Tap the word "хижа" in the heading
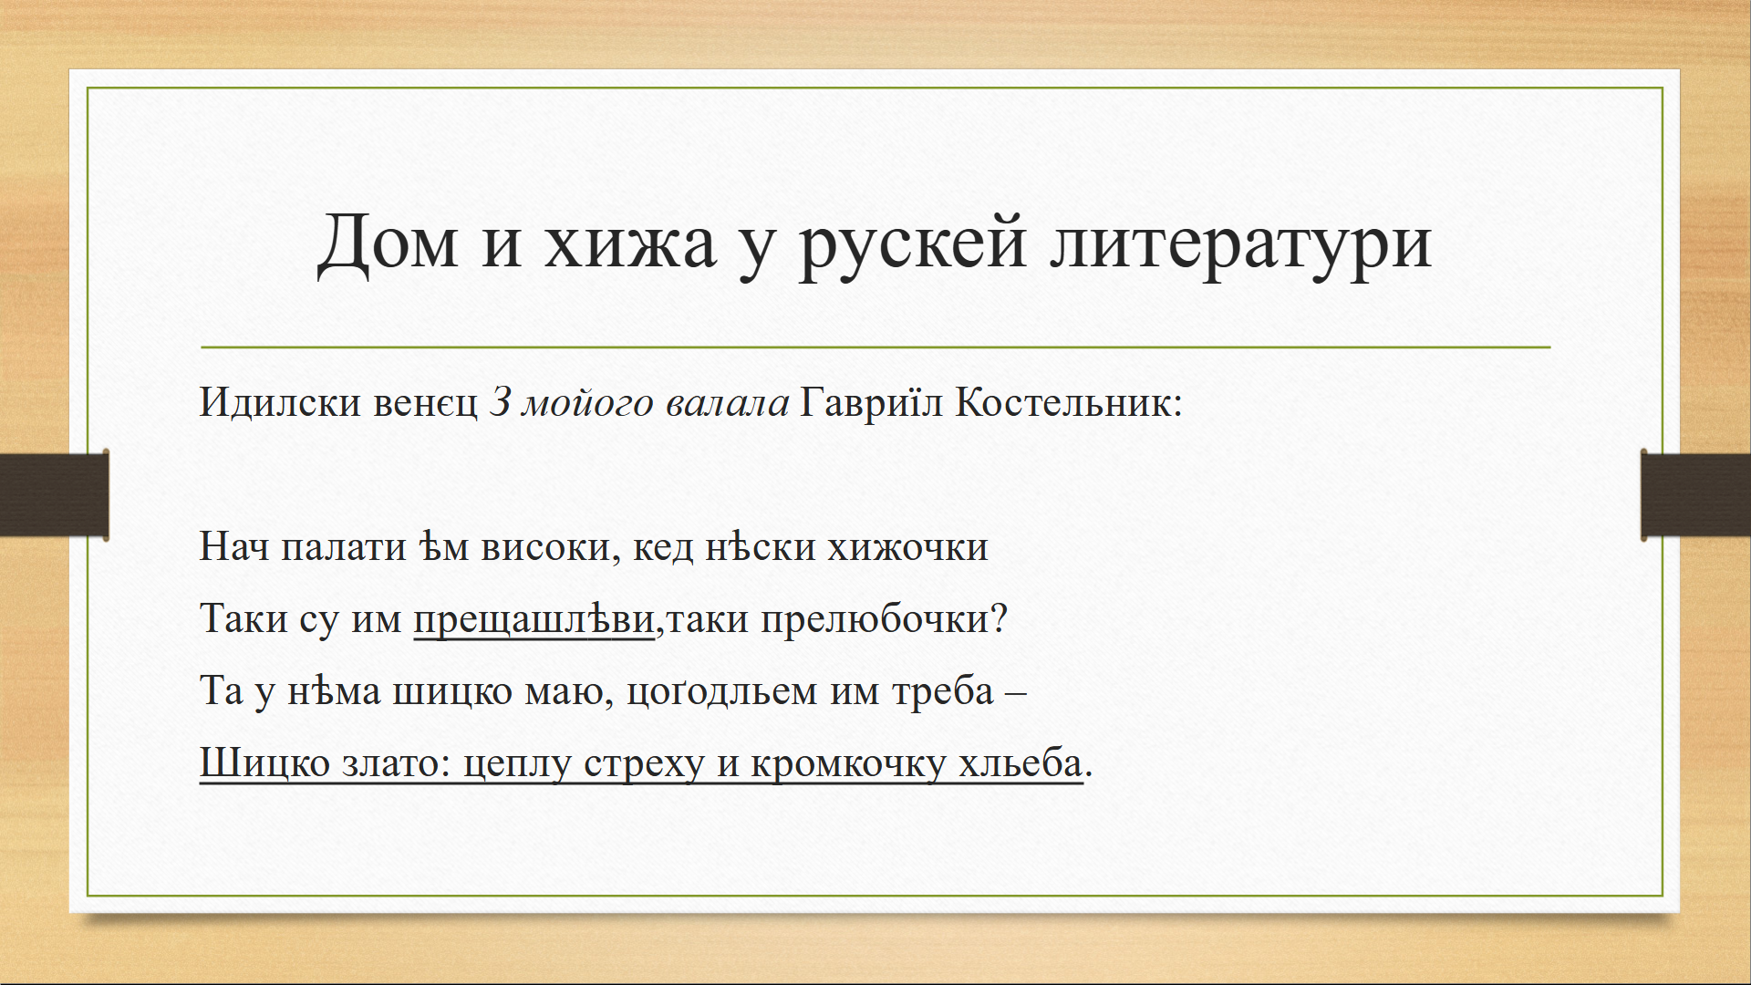pos(630,245)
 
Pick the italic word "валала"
pos(727,403)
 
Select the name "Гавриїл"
pos(871,401)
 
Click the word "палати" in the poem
pos(343,547)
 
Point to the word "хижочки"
pos(907,547)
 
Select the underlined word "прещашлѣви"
pos(534,619)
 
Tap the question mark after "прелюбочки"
pos(999,618)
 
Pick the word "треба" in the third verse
pos(943,691)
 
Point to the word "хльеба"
pos(1021,762)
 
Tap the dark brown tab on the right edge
pos(1695,494)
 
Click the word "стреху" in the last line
pos(645,765)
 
